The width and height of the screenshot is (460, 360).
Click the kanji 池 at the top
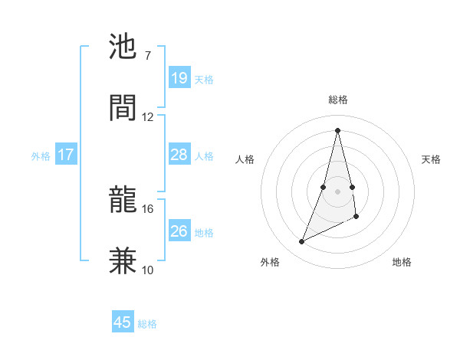click(x=123, y=47)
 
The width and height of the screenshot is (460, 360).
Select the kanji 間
click(x=123, y=108)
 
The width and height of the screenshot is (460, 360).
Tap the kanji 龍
click(x=123, y=200)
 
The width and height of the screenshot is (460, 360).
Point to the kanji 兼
click(x=123, y=260)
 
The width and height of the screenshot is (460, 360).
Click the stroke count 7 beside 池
click(x=147, y=55)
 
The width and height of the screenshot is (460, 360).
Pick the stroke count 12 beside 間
click(x=147, y=116)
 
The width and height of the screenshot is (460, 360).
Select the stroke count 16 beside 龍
click(x=147, y=208)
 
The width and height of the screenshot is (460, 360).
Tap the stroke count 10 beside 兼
click(x=147, y=270)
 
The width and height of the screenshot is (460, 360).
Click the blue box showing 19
click(x=179, y=78)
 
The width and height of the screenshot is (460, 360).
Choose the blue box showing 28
click(x=179, y=155)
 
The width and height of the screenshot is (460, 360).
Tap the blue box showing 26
click(x=179, y=231)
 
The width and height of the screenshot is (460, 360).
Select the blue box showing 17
click(x=66, y=155)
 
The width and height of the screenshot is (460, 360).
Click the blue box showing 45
click(x=123, y=322)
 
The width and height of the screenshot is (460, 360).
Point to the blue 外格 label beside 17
click(x=41, y=155)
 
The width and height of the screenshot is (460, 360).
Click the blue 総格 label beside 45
click(x=147, y=324)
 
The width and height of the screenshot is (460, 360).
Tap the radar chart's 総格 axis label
click(x=338, y=100)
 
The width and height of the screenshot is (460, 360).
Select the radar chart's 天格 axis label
click(x=431, y=159)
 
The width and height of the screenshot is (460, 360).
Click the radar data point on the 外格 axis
click(x=301, y=242)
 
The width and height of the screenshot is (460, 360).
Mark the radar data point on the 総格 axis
click(x=338, y=129)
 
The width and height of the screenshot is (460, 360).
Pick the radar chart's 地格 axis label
click(x=402, y=262)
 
